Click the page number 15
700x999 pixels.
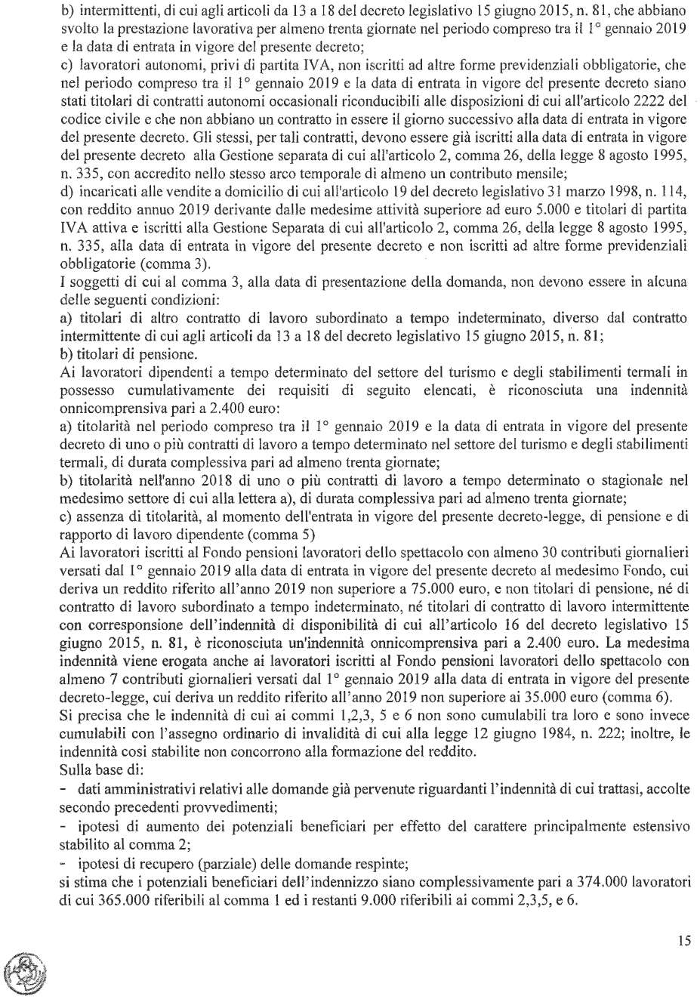(x=684, y=941)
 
